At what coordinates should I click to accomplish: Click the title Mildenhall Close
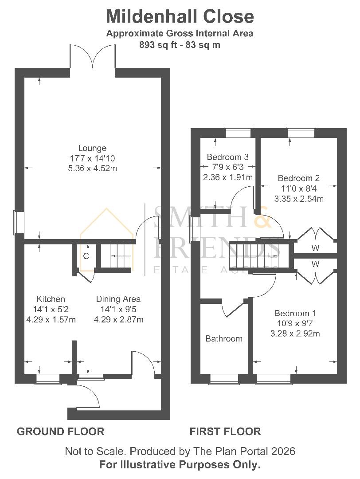point(180,16)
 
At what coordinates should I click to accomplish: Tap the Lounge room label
point(92,148)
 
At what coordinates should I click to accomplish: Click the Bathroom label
point(224,339)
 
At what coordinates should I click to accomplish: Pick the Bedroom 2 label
point(298,178)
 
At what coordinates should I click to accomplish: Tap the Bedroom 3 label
point(227,157)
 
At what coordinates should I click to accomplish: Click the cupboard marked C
point(86,256)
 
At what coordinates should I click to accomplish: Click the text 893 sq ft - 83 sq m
point(180,45)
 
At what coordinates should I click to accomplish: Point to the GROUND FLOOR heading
point(60,432)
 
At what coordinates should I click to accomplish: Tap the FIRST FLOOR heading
point(225,432)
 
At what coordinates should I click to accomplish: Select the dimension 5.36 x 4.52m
point(92,168)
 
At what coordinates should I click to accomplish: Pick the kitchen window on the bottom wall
point(47,378)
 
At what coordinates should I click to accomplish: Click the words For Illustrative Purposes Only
point(180,465)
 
